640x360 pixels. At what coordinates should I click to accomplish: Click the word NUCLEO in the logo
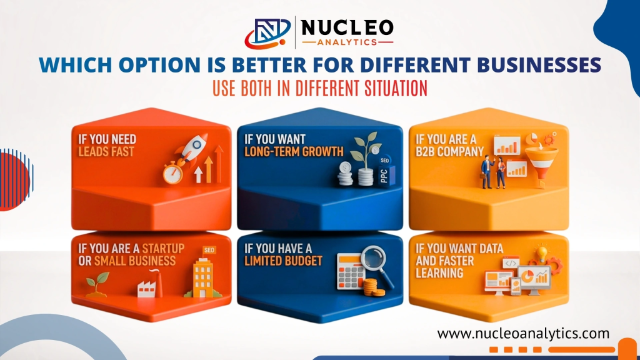click(x=347, y=27)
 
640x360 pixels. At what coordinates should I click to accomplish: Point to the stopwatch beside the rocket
click(x=172, y=173)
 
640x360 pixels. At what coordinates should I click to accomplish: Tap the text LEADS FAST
click(x=106, y=151)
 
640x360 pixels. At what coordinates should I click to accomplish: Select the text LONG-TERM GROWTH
click(x=295, y=151)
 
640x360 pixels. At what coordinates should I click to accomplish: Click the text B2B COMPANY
click(x=450, y=151)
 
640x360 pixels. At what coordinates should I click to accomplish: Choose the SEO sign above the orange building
click(x=209, y=251)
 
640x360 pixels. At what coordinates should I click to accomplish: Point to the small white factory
click(x=146, y=287)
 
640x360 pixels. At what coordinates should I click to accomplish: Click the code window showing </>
click(x=511, y=264)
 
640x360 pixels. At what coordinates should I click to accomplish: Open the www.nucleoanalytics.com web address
click(x=523, y=333)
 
